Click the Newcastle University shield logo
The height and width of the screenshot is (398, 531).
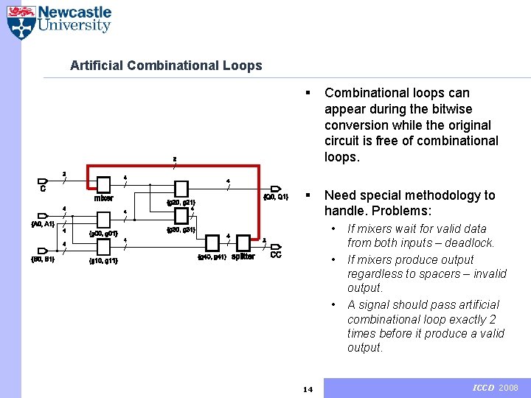pyautogui.click(x=21, y=22)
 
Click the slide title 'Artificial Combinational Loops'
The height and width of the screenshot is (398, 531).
pyautogui.click(x=166, y=66)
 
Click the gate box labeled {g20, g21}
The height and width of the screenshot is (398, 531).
pyautogui.click(x=181, y=189)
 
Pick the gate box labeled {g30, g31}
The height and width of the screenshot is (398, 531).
pyautogui.click(x=181, y=216)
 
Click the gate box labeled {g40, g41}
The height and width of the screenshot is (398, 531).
pyautogui.click(x=212, y=242)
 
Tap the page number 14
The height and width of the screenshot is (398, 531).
pyautogui.click(x=308, y=389)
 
